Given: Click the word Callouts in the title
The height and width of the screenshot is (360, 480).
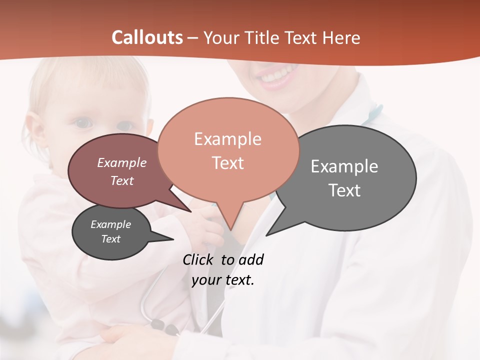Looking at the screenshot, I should (147, 37).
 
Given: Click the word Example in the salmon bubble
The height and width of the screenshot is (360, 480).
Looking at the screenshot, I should (227, 139).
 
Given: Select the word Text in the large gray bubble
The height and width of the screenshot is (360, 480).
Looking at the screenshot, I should (344, 190).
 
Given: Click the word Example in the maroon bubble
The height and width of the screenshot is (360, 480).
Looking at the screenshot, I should (122, 162).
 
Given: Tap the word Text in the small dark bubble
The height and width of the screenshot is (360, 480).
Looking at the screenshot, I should (111, 239).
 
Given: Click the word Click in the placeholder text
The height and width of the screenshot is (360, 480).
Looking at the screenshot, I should (198, 259).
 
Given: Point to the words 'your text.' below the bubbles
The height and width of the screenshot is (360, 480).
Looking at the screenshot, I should (223, 280).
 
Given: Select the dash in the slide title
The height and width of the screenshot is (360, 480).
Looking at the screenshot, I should (193, 38).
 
